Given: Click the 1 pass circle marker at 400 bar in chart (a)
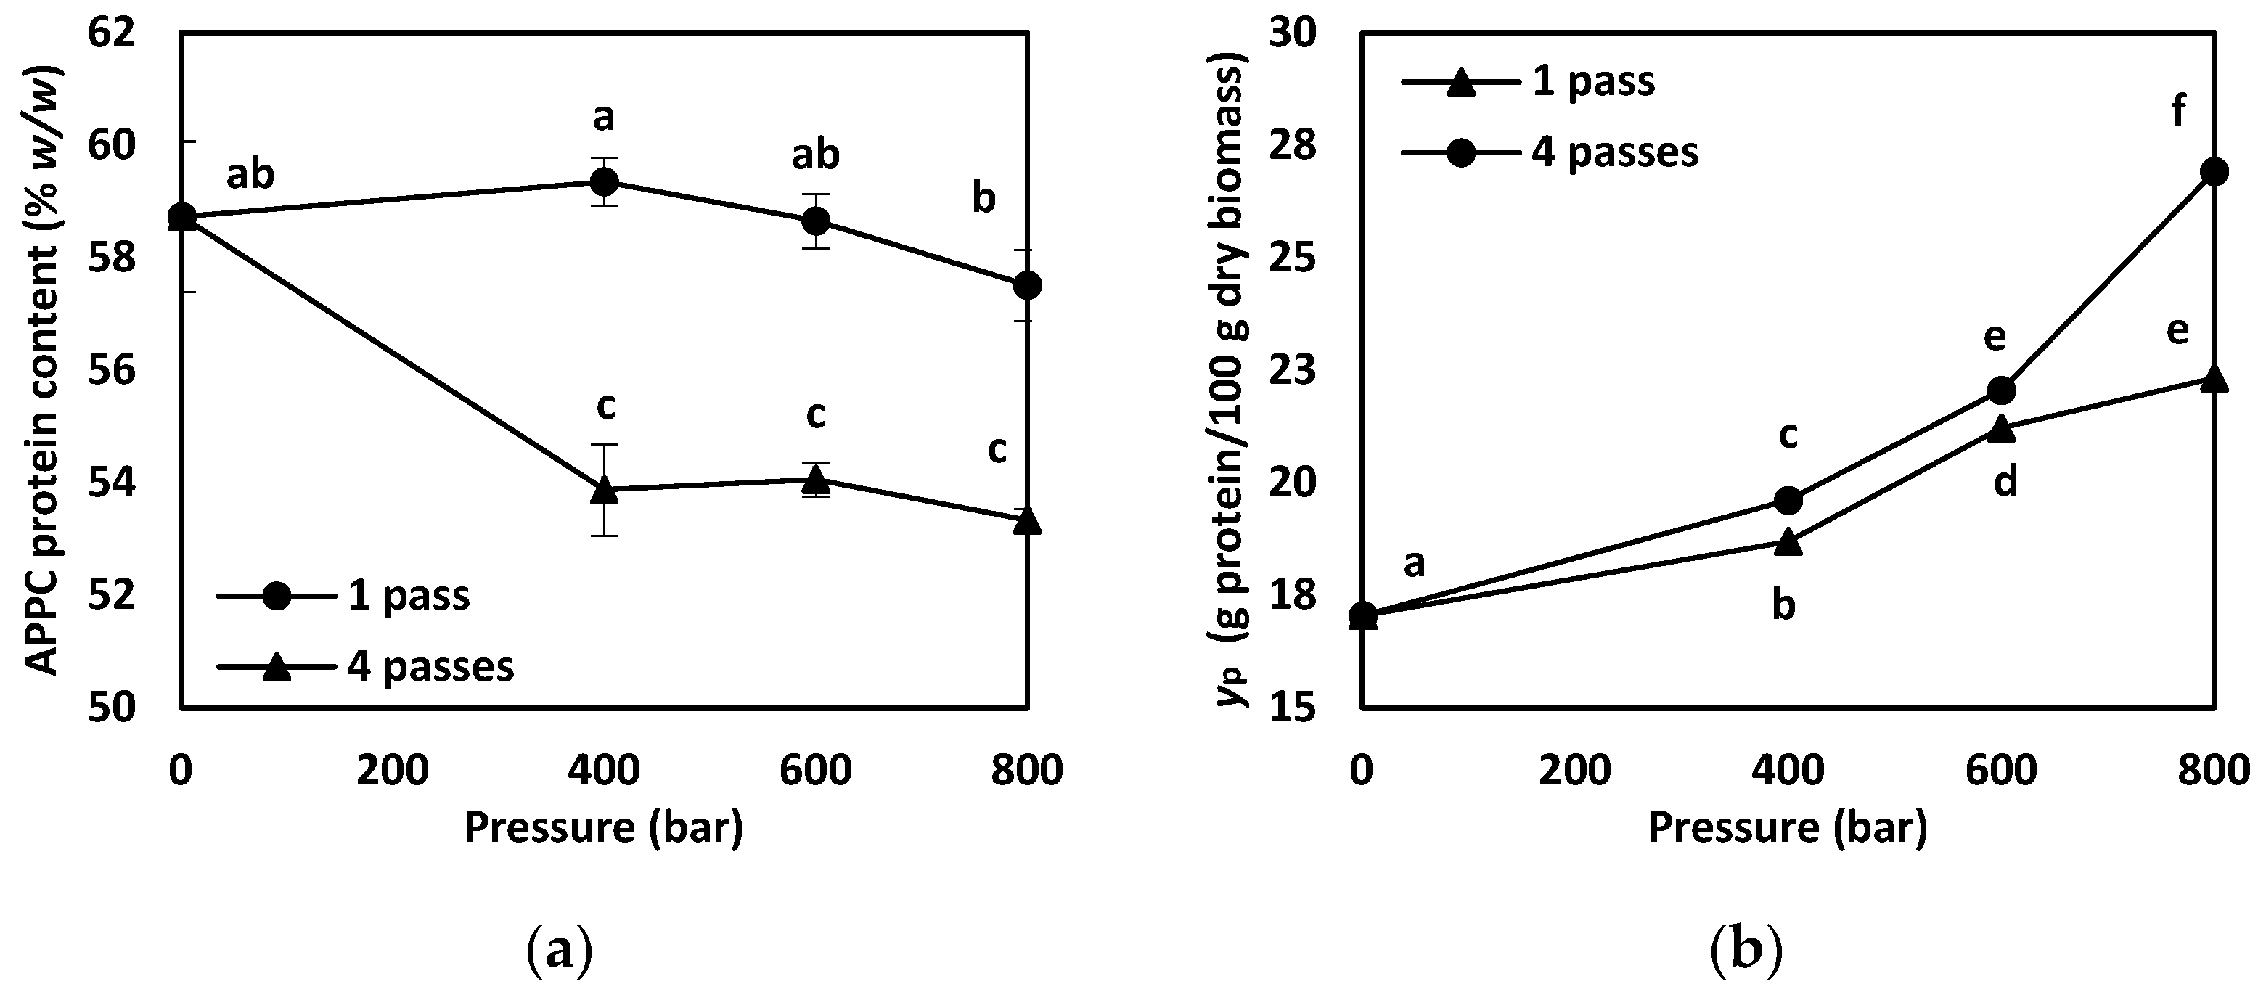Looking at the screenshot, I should (603, 182).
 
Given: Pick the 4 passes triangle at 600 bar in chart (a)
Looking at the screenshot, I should (815, 480).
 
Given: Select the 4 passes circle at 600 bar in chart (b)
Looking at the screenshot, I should (2001, 390).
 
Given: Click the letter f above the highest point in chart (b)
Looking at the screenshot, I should (2179, 112).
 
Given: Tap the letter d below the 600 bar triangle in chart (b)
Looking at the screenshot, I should (2005, 482).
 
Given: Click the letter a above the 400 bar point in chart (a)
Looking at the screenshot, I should (603, 116).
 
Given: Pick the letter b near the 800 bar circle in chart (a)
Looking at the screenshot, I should (983, 199).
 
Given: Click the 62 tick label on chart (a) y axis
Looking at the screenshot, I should (112, 33).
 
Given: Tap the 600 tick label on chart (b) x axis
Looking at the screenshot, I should (2001, 771).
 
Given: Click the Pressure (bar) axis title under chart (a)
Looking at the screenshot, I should (603, 828).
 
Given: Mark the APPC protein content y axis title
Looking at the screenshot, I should (41, 369).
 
